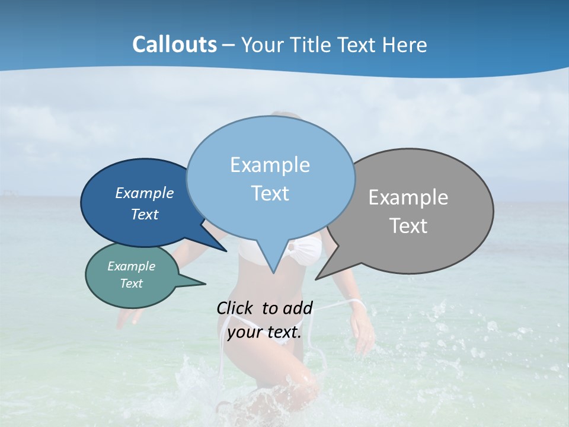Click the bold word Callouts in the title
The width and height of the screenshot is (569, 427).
(x=174, y=44)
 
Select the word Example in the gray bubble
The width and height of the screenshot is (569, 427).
(x=408, y=197)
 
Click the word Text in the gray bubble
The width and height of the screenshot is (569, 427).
(x=408, y=226)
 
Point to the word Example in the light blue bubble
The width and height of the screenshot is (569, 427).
(x=270, y=165)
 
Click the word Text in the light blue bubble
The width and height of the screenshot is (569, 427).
(x=270, y=193)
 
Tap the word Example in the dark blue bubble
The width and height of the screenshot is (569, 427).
(x=144, y=193)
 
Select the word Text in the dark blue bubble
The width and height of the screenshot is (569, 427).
(x=144, y=214)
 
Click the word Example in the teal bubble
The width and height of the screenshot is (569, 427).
(x=131, y=266)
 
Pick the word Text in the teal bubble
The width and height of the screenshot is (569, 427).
(x=131, y=283)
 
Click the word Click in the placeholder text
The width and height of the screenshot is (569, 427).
(x=235, y=308)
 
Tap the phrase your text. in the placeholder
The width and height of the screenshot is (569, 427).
(x=264, y=332)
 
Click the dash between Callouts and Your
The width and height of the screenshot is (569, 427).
(x=229, y=45)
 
